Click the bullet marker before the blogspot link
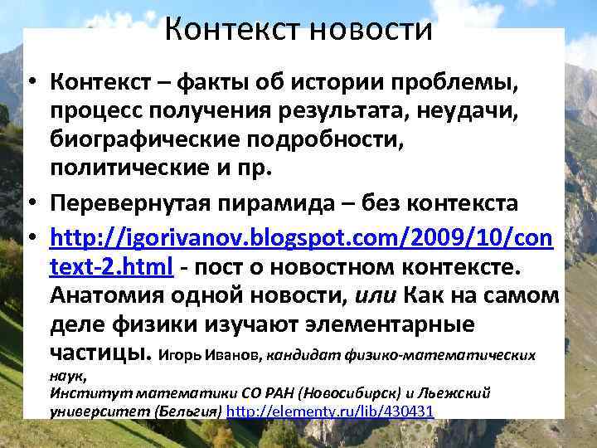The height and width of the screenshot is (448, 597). (31, 240)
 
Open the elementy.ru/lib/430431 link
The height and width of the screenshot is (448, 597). (330, 411)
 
